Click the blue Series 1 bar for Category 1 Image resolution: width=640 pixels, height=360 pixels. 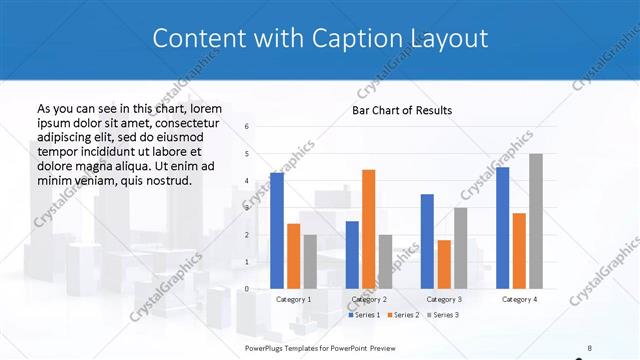point(277,231)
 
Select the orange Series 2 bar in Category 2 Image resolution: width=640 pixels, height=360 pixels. point(368,229)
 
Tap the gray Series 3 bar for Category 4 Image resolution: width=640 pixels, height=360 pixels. point(536,221)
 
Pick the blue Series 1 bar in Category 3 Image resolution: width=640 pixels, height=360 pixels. point(427,241)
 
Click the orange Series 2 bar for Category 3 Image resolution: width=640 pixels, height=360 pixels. point(444,264)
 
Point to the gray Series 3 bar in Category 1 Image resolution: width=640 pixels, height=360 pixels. point(309,262)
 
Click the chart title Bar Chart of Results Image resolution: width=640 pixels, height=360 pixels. point(402,110)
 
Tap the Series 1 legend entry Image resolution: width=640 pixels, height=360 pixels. point(364,315)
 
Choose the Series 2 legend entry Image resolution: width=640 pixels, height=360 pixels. point(402,315)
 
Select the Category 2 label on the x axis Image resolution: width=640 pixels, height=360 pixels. point(369,299)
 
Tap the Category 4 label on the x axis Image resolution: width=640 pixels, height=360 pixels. point(519,299)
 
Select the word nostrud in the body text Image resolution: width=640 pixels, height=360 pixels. point(167,180)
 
